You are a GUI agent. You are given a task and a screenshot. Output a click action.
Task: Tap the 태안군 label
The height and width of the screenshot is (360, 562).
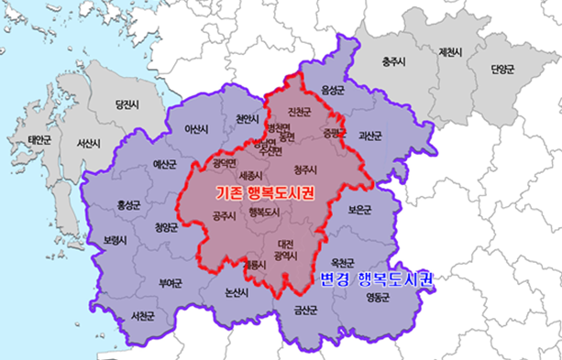point(40,140)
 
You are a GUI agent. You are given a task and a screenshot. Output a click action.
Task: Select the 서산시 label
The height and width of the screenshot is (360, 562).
point(89,144)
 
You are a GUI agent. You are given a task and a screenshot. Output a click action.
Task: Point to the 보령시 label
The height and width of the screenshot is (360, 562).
point(117,240)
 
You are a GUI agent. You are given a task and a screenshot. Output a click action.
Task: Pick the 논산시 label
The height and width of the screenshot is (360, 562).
point(237,292)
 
